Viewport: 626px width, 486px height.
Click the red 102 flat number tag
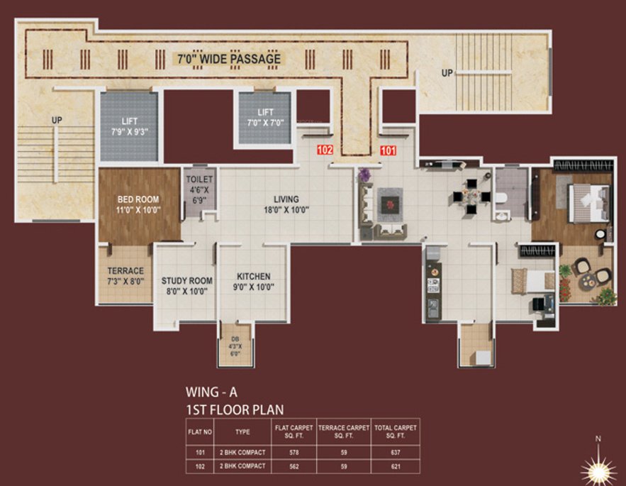tap(325, 150)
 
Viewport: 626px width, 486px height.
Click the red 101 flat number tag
tap(388, 150)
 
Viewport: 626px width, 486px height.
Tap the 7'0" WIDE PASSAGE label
tap(228, 59)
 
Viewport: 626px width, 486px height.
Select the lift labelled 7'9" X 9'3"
tap(128, 126)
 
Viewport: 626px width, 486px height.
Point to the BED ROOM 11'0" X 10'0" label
tap(138, 204)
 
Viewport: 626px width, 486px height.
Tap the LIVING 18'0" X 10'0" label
tap(286, 204)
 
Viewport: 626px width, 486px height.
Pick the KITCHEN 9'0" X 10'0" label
tap(253, 282)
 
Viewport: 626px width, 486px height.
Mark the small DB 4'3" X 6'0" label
tap(234, 347)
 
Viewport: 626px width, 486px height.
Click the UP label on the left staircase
tap(57, 121)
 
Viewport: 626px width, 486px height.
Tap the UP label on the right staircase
tap(447, 73)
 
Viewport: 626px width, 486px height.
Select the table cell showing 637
tap(396, 453)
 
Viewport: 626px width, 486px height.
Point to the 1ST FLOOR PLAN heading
tap(234, 409)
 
